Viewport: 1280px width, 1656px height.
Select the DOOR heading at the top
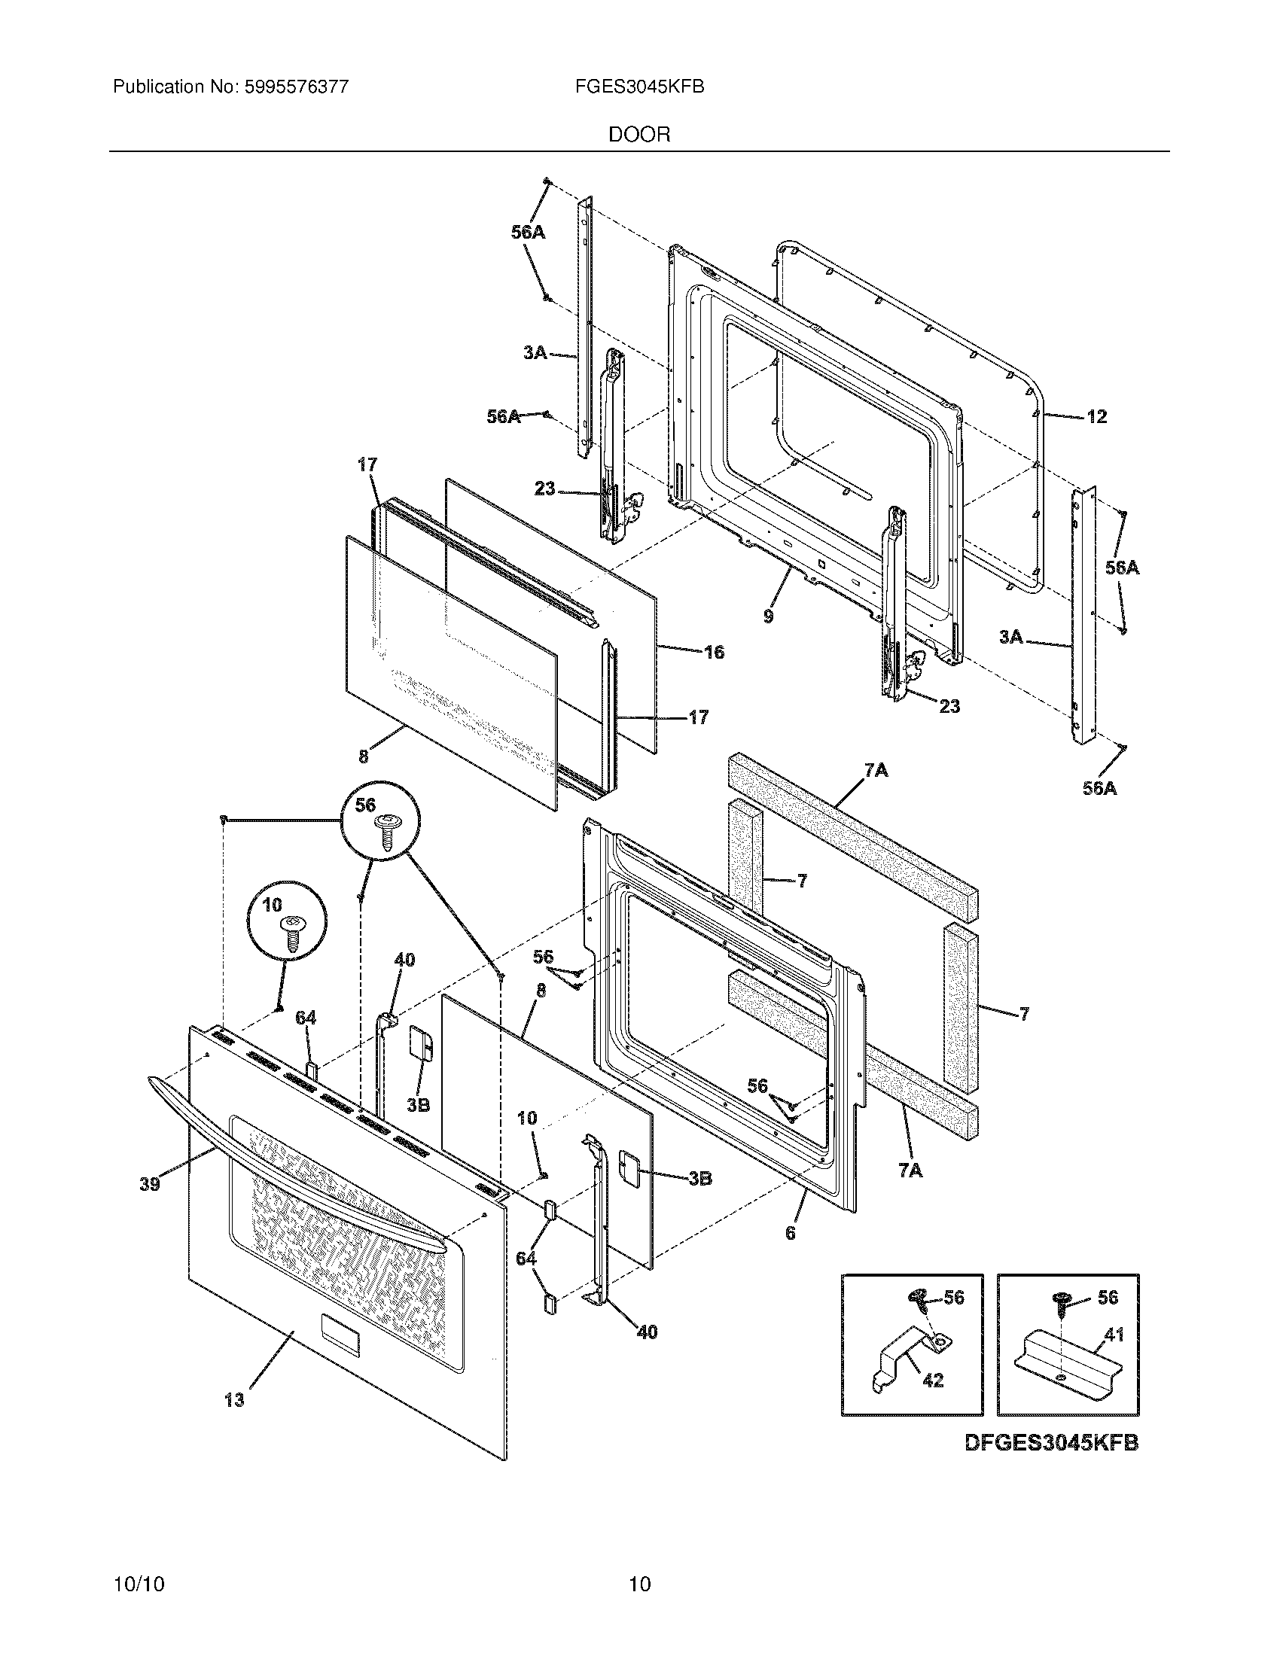[639, 135]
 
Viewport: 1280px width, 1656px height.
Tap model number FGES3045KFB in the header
[639, 87]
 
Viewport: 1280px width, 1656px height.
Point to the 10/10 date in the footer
[139, 1606]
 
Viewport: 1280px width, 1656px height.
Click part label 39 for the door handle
[149, 1183]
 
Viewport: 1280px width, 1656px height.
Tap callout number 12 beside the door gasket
[1096, 416]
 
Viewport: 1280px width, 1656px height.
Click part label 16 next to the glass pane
[714, 652]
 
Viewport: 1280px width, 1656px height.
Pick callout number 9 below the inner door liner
[768, 616]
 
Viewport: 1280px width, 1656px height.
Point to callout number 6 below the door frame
[790, 1234]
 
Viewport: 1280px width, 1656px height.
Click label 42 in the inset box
[933, 1381]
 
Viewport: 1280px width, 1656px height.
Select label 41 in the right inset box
[1113, 1334]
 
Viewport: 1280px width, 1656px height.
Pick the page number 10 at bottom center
[640, 1606]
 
